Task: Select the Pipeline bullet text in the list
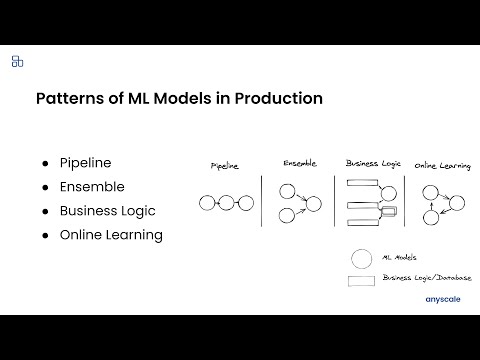85,162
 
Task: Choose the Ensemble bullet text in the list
92,186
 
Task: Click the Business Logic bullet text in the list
107,211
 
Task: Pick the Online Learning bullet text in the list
110,235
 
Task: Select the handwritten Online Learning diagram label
442,165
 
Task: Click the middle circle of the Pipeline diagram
227,204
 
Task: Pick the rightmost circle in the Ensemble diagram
313,204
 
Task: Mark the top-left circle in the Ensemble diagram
287,191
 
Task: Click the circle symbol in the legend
359,258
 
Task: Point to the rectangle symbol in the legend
360,279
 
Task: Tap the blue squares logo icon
17,62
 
